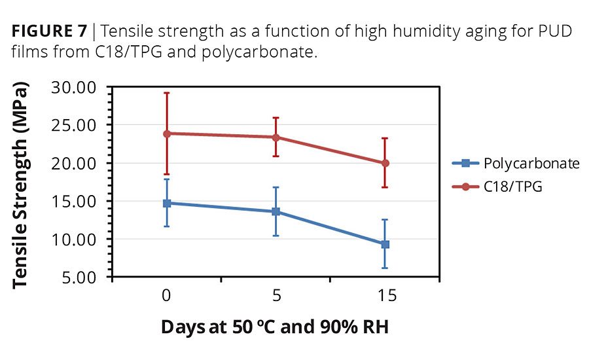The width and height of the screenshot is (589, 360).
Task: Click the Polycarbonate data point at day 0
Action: point(167,203)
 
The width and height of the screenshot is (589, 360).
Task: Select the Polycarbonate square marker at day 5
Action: point(276,211)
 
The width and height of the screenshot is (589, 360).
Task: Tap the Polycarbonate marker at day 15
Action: point(385,244)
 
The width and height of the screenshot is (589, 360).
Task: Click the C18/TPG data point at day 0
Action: point(167,134)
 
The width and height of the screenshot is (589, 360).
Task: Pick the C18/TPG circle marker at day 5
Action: point(276,137)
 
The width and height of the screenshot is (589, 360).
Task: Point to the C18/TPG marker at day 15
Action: point(385,163)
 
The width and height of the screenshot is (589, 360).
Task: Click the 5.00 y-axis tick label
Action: point(80,278)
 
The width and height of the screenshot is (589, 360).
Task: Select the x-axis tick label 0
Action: point(167,296)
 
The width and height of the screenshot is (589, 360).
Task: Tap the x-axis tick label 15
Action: point(386,296)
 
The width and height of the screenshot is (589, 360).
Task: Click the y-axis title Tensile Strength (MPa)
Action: point(22,185)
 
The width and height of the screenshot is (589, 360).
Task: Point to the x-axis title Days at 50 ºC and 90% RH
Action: point(275,327)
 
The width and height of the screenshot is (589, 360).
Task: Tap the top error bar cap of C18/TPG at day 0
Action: point(167,93)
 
